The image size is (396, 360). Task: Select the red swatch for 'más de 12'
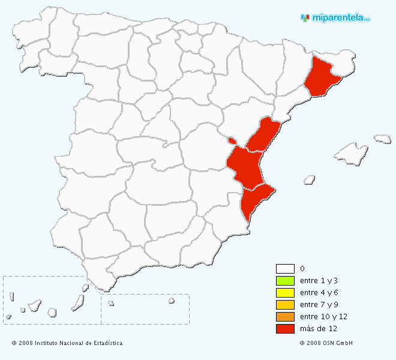(x=285, y=329)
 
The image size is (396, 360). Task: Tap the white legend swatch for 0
(x=285, y=269)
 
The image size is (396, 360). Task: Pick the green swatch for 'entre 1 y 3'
(x=285, y=281)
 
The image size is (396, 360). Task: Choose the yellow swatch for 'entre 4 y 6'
(x=285, y=293)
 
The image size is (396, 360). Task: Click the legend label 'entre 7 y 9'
(x=320, y=305)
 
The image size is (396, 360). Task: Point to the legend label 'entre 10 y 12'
(x=323, y=317)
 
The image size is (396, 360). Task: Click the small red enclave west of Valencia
(x=232, y=141)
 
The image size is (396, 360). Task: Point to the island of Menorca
(x=382, y=139)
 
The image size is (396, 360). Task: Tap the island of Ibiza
(x=310, y=179)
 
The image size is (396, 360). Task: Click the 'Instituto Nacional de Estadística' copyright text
(x=67, y=343)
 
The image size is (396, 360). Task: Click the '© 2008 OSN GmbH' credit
(x=326, y=343)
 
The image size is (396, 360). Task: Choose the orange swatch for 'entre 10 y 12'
(x=285, y=317)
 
